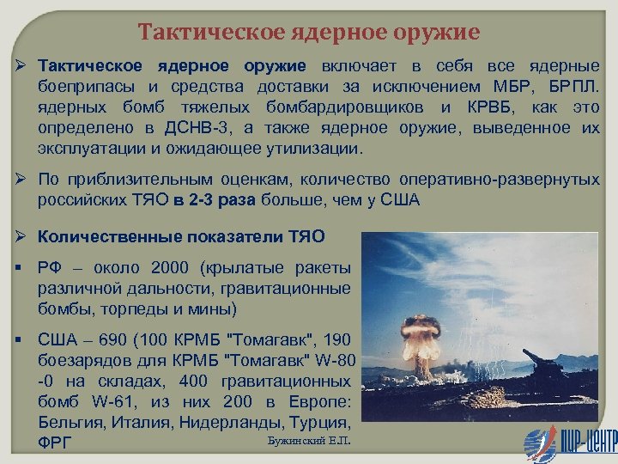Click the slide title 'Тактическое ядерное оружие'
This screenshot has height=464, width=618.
(x=309, y=33)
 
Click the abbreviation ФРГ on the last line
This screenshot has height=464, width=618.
(x=55, y=443)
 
